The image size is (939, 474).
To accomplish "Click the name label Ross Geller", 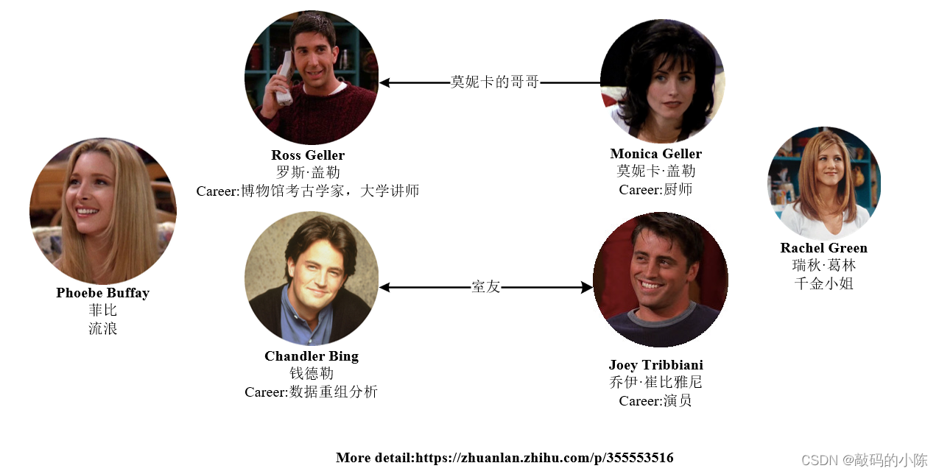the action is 308,155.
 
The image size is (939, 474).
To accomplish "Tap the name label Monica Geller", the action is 655,154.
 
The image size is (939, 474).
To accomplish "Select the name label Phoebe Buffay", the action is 102,293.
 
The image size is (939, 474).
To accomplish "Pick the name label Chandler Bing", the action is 312,356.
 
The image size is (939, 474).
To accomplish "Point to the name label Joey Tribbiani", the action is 655,365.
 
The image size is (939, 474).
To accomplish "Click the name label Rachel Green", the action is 823,248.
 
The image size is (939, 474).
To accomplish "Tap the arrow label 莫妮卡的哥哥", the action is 495,82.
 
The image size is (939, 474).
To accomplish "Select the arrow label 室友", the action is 485,287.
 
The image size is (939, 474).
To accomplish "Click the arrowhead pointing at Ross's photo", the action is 384,82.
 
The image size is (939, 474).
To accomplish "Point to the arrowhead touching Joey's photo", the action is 587,288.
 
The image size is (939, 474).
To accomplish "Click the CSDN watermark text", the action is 864,460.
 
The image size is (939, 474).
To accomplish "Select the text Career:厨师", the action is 655,190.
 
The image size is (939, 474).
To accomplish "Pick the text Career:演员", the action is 655,401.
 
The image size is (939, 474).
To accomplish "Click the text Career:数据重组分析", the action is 311,392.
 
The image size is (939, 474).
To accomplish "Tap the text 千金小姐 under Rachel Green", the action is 823,283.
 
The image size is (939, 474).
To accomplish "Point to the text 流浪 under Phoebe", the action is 102,329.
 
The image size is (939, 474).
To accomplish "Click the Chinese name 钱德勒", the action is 311,374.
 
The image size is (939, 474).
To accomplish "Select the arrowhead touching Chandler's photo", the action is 384,288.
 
